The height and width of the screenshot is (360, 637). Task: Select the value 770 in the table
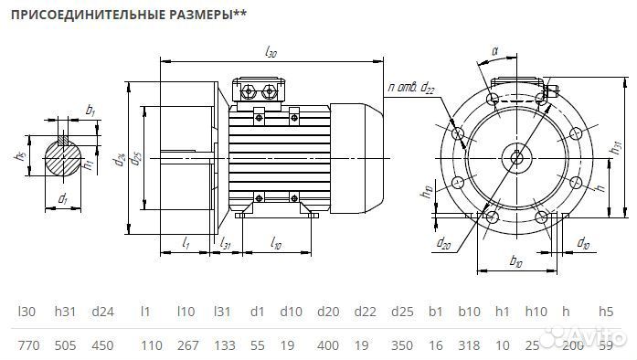28,344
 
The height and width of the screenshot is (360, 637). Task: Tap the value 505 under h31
66,344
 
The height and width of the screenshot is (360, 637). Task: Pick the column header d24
102,311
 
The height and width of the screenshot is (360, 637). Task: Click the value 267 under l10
186,344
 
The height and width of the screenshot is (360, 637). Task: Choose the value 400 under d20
327,344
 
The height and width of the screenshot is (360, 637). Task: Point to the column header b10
470,311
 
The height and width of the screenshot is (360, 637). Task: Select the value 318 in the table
470,344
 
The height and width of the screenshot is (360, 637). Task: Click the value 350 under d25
401,344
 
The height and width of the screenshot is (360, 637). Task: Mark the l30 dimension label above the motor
271,54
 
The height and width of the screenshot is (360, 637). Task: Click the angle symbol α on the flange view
494,52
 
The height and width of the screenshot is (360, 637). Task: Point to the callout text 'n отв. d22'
410,87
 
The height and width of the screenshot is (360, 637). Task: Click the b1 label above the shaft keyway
90,111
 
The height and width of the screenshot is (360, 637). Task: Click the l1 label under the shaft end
186,243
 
